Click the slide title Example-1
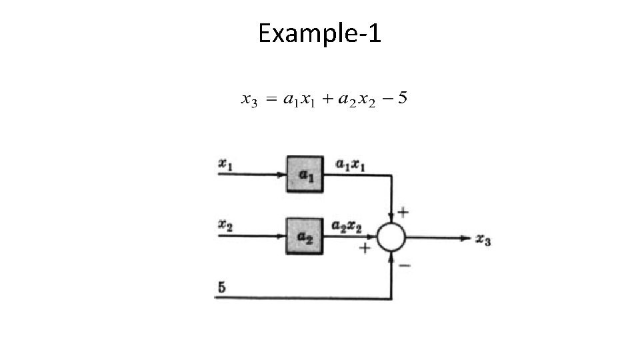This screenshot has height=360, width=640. (x=319, y=33)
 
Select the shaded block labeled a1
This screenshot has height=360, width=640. (x=305, y=175)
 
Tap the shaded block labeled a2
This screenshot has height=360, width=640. (x=305, y=235)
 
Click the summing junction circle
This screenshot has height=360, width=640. (x=391, y=237)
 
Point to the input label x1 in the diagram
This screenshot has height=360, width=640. (x=226, y=163)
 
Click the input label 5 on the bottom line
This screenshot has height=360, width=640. (x=222, y=287)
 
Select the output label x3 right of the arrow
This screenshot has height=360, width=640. (x=483, y=239)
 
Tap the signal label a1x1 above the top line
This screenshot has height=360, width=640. (x=350, y=165)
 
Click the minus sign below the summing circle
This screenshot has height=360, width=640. (x=405, y=265)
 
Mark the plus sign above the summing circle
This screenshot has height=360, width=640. (x=403, y=212)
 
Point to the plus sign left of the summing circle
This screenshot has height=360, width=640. (x=365, y=248)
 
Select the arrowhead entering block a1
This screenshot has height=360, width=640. (x=281, y=175)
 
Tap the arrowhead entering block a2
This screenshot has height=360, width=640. (x=281, y=236)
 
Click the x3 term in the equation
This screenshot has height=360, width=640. (x=249, y=101)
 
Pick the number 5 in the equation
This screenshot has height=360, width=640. (x=403, y=99)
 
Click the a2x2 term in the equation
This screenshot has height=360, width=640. (x=357, y=101)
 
